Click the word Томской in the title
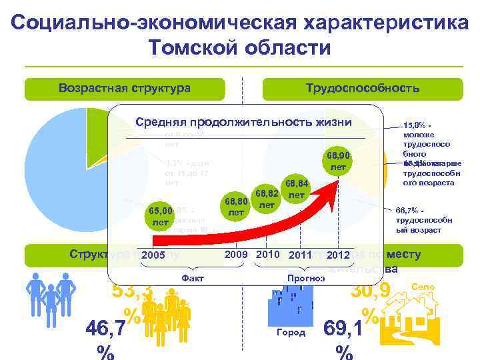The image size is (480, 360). point(193,48)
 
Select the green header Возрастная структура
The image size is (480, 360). point(124,89)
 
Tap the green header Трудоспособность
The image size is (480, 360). point(362,89)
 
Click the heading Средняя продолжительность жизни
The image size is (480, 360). point(243,122)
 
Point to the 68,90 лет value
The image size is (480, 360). point(339,160)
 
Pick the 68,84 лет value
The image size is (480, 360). point(298,189)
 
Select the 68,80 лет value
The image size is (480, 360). point(236,205)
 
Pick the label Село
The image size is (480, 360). point(423,287)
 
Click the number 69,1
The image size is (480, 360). point(343,329)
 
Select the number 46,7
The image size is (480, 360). point(107,329)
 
